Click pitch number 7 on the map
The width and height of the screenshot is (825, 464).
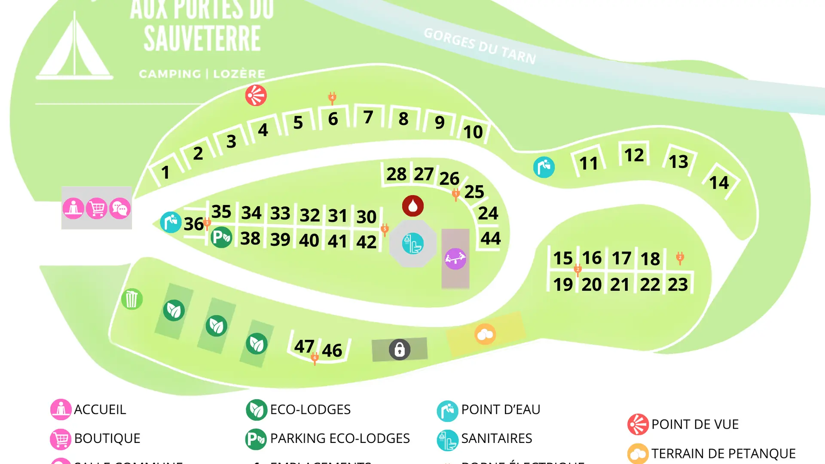[x=368, y=117]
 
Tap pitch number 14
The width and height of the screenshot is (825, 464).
[x=719, y=183]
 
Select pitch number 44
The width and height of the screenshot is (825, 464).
[x=490, y=238]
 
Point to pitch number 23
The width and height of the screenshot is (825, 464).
[x=678, y=284]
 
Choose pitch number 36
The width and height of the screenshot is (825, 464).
[x=193, y=224]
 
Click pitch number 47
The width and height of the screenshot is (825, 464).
[x=304, y=346]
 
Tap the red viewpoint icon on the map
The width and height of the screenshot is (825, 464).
[x=256, y=95]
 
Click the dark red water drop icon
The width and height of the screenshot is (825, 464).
[x=412, y=206]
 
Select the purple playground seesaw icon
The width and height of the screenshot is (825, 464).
[x=455, y=259]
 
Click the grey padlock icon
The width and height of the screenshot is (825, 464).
[x=399, y=349]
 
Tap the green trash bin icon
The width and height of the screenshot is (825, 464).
[x=131, y=299]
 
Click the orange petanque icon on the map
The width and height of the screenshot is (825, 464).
[x=485, y=334]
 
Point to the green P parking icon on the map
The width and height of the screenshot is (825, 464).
[x=221, y=237]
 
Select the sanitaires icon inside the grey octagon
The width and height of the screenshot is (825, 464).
[x=412, y=243]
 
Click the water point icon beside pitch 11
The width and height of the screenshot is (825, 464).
[x=544, y=167]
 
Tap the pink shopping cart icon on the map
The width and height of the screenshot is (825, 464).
[x=96, y=209]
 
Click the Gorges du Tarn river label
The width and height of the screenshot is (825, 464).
[x=480, y=46]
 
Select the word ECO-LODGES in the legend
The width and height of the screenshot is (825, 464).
[x=310, y=409]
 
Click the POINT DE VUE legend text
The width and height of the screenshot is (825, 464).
[x=694, y=424]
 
